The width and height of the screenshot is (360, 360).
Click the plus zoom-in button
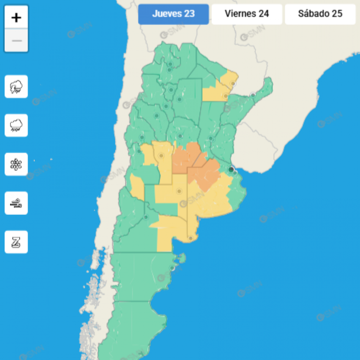pyautogui.click(x=16, y=18)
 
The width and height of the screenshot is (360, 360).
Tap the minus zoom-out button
pyautogui.click(x=16, y=41)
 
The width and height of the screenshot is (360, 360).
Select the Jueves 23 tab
pyautogui.click(x=173, y=14)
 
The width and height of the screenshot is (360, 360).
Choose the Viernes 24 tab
pyautogui.click(x=247, y=14)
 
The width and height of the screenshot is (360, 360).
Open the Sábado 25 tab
pyautogui.click(x=320, y=14)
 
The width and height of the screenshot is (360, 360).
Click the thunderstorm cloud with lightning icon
pyautogui.click(x=16, y=87)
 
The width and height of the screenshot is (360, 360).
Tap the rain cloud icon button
pyautogui.click(x=16, y=125)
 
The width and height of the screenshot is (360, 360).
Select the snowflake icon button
pyautogui.click(x=16, y=164)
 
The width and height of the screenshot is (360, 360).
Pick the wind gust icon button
pyautogui.click(x=16, y=203)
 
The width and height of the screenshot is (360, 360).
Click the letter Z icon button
pyautogui.click(x=16, y=242)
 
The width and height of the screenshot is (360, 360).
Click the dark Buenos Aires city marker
pyautogui.click(x=231, y=170)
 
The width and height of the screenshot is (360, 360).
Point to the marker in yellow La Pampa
pyautogui.click(x=179, y=191)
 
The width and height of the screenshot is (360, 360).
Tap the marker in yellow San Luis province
pyautogui.click(x=161, y=156)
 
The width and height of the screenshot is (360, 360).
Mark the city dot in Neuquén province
pyautogui.click(x=146, y=217)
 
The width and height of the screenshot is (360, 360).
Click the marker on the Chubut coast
pyautogui.click(x=172, y=268)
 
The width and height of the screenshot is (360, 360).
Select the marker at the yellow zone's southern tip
pyautogui.click(x=190, y=238)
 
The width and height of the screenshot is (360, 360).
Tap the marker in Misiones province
pyautogui.click(x=253, y=95)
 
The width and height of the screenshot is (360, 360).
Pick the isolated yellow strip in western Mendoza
pyautogui.click(x=136, y=186)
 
